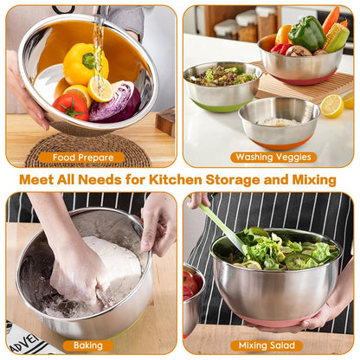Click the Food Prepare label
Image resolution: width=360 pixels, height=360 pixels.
tap(83, 157)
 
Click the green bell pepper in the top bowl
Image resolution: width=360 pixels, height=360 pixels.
tap(306, 34)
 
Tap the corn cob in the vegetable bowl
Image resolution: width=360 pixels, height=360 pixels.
tap(337, 36)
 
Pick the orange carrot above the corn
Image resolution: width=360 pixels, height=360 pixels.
tap(331, 18)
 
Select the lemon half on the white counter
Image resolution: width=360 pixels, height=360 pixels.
tap(331, 106)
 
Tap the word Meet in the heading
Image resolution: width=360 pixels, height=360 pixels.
tap(41, 180)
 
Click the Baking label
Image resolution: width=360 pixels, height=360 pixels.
tap(87, 346)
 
